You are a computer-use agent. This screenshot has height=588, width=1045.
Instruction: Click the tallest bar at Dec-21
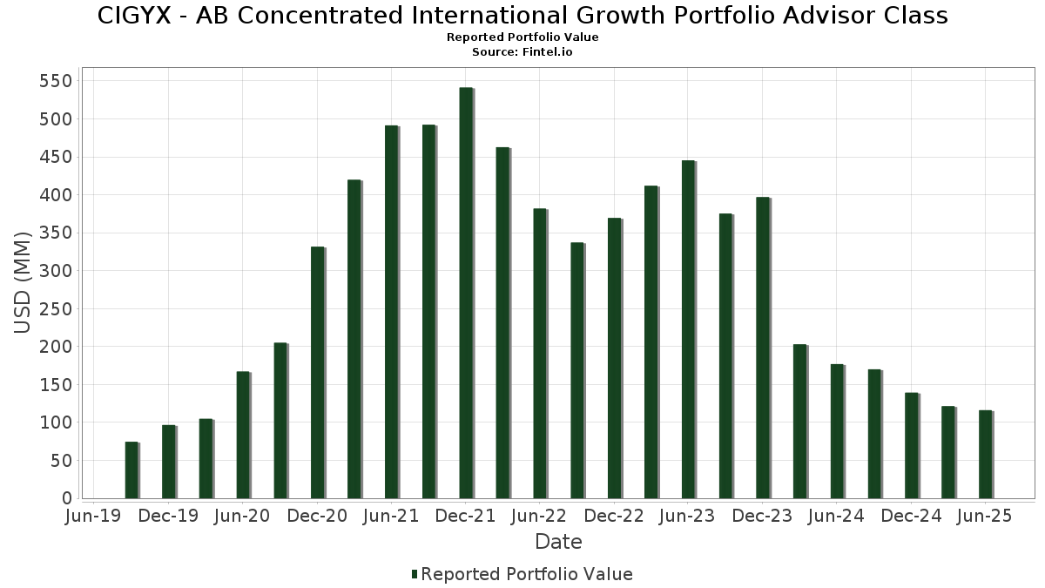[x=466, y=293]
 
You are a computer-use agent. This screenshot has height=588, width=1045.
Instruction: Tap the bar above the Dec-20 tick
[x=317, y=373]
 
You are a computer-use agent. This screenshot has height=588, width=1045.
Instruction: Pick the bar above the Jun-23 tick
[x=688, y=329]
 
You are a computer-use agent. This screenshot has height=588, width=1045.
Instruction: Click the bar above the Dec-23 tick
[x=763, y=348]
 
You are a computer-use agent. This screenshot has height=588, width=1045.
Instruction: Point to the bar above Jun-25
[x=985, y=454]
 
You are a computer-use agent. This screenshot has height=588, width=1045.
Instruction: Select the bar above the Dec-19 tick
[x=169, y=462]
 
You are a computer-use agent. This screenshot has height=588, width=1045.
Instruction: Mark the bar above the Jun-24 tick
[x=837, y=431]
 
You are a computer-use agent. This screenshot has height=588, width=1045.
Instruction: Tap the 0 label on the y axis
[x=67, y=498]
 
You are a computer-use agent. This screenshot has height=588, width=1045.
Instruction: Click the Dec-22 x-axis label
[x=614, y=517]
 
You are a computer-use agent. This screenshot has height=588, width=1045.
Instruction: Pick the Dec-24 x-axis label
[x=911, y=517]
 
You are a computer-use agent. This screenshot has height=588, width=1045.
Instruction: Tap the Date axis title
[x=558, y=542]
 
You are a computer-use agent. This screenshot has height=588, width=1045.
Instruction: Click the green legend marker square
[x=415, y=574]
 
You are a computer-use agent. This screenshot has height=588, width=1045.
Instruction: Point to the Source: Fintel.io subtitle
[x=522, y=51]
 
